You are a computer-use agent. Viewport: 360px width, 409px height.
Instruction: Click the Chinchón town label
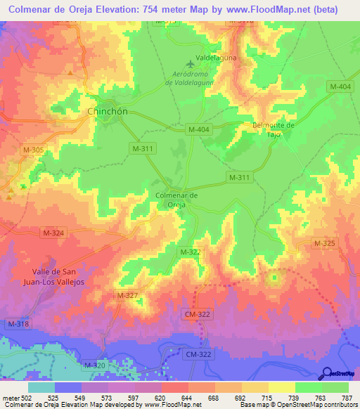click(108, 112)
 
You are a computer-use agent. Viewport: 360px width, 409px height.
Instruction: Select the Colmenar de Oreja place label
click(176, 200)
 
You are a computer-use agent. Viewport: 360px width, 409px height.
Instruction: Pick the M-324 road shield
click(53, 233)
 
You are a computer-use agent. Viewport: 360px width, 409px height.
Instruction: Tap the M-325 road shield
click(324, 243)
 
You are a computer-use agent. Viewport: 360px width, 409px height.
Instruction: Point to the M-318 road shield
click(18, 323)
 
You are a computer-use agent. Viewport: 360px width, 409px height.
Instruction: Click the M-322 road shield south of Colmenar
click(191, 252)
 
